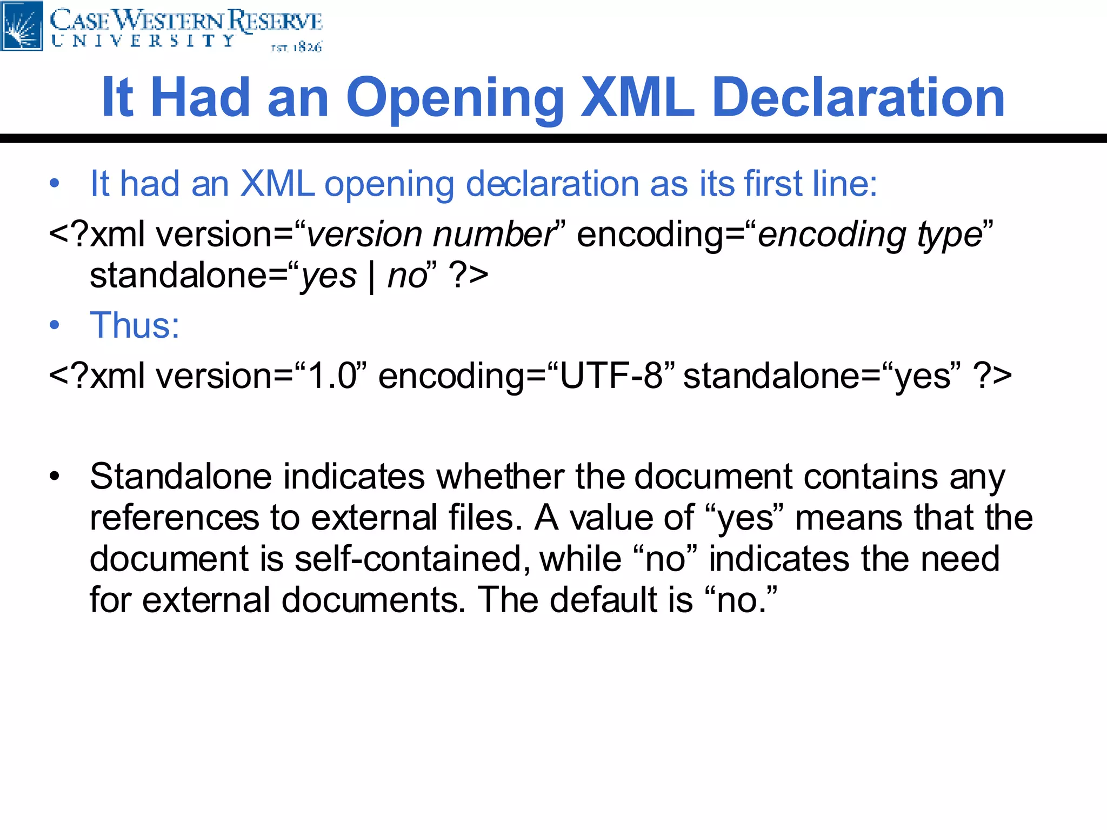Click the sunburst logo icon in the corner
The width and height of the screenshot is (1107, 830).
(22, 25)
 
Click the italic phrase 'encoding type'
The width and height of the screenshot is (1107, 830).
(870, 235)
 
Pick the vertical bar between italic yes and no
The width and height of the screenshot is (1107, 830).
(372, 277)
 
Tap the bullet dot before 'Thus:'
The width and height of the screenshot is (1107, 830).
(54, 325)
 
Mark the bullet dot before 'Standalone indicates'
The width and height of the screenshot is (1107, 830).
(54, 477)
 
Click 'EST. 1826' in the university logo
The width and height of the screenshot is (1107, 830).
(296, 48)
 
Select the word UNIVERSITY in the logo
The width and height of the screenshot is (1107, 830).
(143, 41)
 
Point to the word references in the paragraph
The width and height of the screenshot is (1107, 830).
(174, 518)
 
